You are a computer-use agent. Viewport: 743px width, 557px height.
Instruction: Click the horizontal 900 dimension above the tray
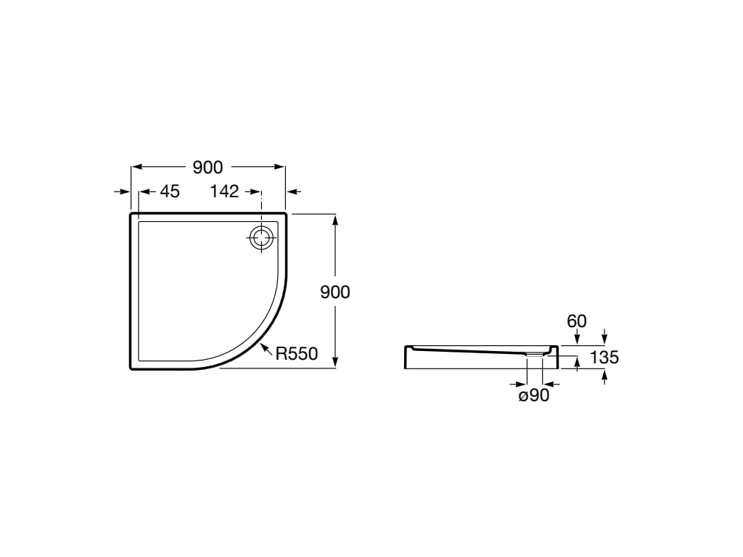click(x=208, y=168)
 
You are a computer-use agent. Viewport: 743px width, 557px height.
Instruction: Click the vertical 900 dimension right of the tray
click(x=335, y=292)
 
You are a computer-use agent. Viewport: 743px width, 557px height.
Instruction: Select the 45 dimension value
click(x=170, y=191)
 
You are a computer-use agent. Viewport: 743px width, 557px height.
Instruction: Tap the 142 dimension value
click(x=224, y=191)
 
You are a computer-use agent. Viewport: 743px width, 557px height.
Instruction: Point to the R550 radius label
click(x=297, y=353)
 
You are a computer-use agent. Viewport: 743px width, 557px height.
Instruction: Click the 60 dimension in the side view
click(x=577, y=321)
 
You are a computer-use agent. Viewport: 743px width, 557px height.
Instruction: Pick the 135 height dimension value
click(x=604, y=357)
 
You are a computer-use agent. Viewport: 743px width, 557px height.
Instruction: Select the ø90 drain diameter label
click(x=534, y=395)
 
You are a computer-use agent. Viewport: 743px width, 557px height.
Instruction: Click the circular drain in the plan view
click(x=261, y=238)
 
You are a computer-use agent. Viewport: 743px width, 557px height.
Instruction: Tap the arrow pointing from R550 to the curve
click(x=266, y=350)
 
